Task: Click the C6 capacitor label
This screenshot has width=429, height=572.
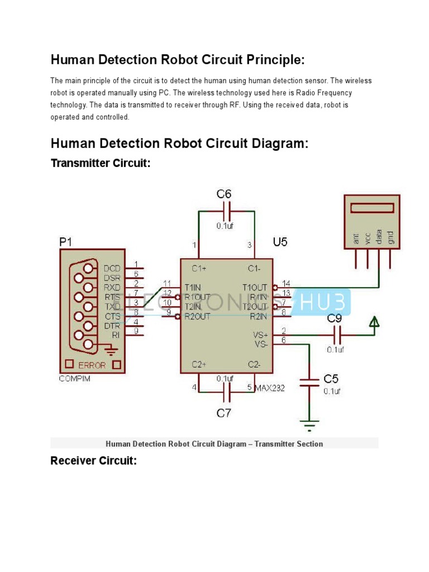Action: [224, 194]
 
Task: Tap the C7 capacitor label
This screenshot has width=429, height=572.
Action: [223, 413]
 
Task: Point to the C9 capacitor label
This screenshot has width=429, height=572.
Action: [335, 319]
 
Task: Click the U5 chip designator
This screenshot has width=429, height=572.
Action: [281, 242]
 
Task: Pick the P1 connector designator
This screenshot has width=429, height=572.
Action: [66, 241]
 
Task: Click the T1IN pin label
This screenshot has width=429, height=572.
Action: [193, 288]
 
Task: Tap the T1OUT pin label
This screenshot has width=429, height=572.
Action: [255, 288]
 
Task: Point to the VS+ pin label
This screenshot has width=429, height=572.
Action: [260, 335]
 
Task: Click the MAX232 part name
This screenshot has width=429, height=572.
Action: [270, 387]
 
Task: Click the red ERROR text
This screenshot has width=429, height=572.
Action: [92, 365]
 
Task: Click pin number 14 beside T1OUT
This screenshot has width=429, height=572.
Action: [286, 283]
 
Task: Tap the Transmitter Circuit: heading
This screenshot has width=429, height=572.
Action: [101, 163]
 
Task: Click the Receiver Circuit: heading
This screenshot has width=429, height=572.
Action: [93, 461]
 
